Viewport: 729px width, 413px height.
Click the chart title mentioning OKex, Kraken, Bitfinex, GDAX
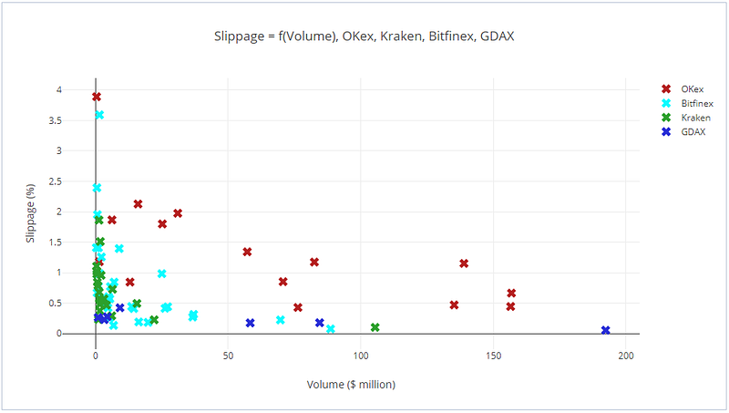364,36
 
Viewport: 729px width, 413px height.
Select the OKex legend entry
692,88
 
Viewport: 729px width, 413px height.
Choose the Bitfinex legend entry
696,103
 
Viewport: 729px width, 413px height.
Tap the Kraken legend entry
694,118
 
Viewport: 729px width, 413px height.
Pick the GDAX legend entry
693,132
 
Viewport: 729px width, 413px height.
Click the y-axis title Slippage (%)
30,212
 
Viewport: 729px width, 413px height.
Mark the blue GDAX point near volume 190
606,330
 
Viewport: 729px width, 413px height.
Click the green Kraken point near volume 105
375,327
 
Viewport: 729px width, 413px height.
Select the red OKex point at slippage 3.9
97,97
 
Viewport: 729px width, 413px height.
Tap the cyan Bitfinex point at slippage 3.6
99,115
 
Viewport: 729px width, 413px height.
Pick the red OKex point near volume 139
464,263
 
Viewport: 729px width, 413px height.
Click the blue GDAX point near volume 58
250,323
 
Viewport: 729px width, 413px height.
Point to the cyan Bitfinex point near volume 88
331,328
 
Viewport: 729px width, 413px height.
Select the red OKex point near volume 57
247,252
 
